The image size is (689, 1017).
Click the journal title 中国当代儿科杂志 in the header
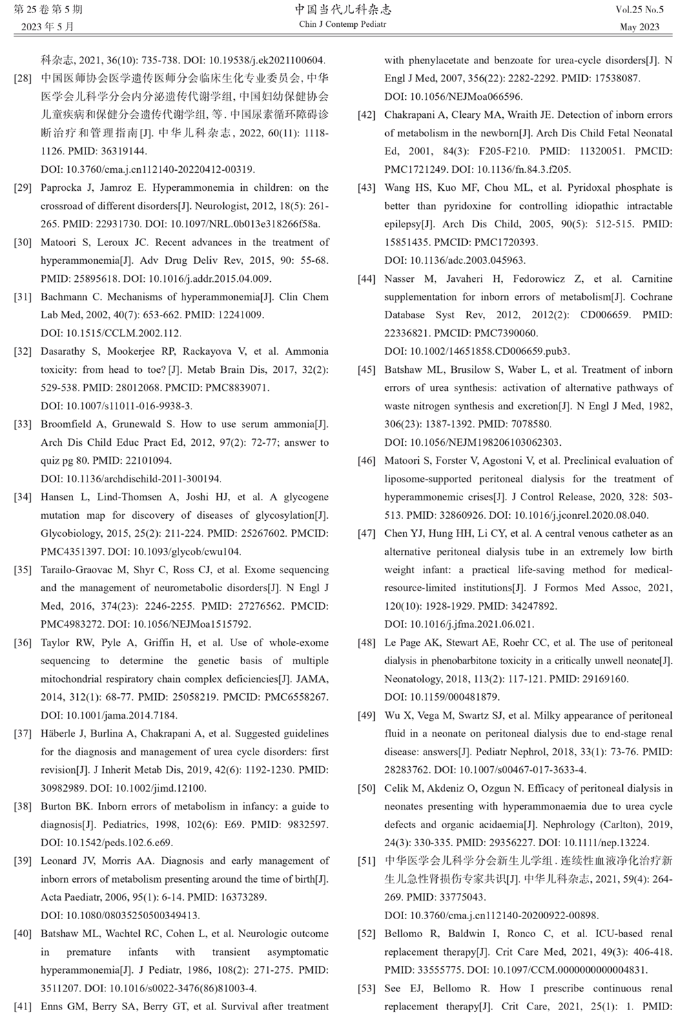coord(342,9)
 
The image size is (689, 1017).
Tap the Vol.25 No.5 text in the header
coord(640,10)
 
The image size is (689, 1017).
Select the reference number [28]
coord(23,79)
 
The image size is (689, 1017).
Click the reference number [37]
coord(23,734)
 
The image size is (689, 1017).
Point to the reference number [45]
coord(367,370)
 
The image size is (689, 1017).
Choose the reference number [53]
coord(367,989)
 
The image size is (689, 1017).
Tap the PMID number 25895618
coord(92,279)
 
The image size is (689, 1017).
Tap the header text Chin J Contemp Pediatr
coord(342,25)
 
